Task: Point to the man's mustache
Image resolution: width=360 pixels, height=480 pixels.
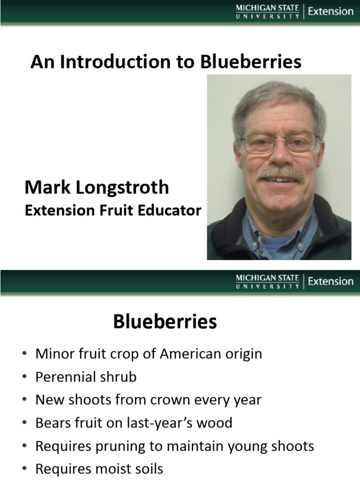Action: pyautogui.click(x=279, y=173)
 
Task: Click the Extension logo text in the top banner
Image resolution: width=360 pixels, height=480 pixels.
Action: pyautogui.click(x=330, y=11)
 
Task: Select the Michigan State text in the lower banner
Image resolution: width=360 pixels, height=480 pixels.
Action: pyautogui.click(x=267, y=278)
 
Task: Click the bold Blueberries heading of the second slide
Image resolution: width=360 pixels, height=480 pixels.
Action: pyautogui.click(x=165, y=322)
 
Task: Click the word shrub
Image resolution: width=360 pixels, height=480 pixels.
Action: pyautogui.click(x=118, y=377)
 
